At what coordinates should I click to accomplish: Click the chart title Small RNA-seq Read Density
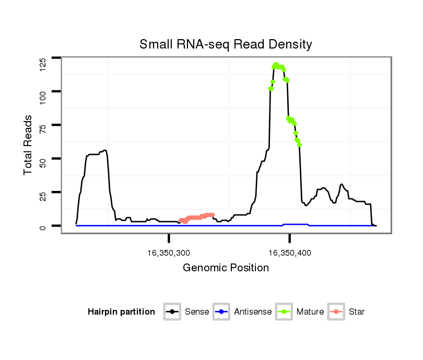(226, 44)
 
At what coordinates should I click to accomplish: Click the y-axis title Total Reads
(29, 145)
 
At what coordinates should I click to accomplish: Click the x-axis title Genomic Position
(226, 268)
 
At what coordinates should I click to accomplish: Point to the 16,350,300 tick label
(169, 253)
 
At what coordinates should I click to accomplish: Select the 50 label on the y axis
(43, 159)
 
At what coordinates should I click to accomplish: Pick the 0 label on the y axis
(43, 226)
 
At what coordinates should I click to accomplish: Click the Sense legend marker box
(172, 312)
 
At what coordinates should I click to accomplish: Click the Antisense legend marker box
(221, 312)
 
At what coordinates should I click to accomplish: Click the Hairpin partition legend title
(121, 312)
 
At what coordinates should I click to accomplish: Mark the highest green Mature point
(275, 64)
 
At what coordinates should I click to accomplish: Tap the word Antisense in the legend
(253, 312)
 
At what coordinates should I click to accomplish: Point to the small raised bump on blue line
(296, 224)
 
